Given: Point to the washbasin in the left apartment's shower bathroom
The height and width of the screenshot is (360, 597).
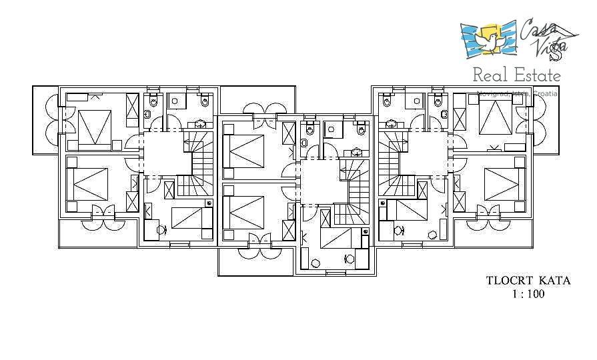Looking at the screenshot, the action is (x=199, y=124).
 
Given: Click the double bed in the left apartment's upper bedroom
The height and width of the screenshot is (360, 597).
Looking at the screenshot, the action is (x=93, y=127).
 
